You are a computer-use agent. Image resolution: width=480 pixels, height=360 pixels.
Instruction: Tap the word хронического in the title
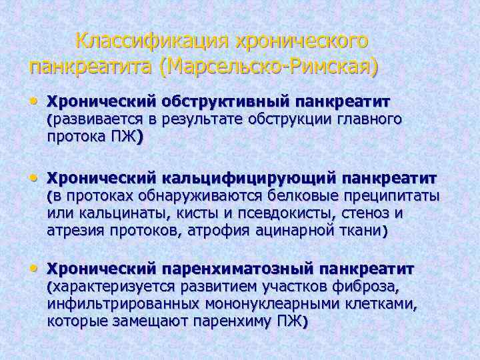[x=301, y=41]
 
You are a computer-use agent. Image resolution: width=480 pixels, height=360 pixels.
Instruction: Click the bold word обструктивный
[x=224, y=101]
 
